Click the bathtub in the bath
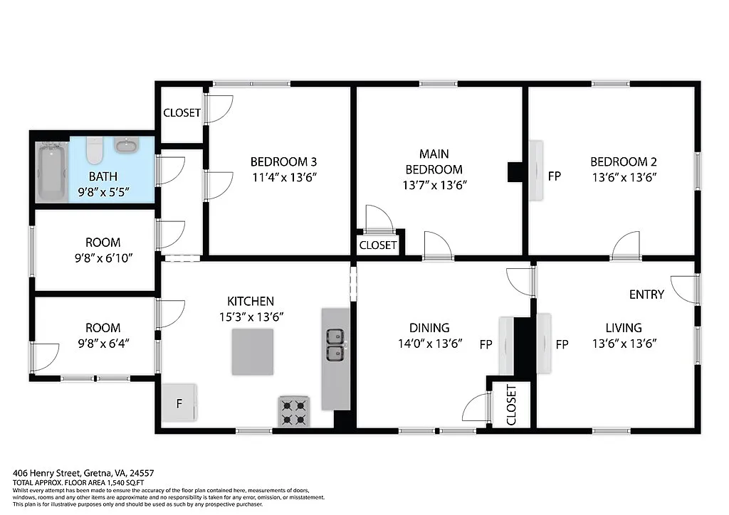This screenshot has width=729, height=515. [52, 171]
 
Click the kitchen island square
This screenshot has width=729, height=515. [252, 351]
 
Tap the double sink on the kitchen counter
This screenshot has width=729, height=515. [335, 344]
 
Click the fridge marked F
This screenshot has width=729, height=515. [179, 404]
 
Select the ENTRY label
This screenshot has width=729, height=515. [646, 294]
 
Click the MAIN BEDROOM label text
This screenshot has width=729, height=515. [434, 161]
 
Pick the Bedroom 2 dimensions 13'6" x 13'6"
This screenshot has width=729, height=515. [623, 177]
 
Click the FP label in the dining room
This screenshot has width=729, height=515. [486, 345]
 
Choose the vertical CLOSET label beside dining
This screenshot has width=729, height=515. [511, 405]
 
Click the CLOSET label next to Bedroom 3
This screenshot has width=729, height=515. [182, 112]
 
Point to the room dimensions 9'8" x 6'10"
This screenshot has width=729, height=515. [103, 259]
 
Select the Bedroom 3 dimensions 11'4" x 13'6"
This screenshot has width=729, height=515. [283, 177]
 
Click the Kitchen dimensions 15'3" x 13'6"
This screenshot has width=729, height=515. [251, 317]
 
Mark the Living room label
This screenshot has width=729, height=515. [623, 328]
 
